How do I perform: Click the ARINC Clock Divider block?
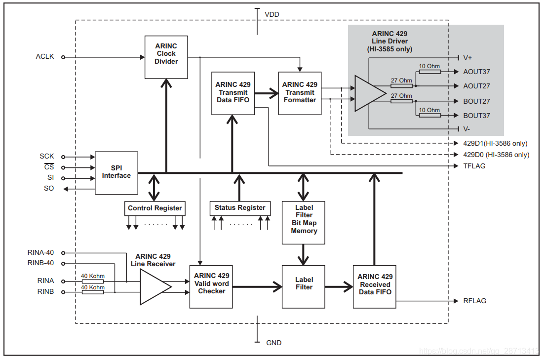166,57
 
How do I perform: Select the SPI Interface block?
117,172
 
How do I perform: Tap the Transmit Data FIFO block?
233,93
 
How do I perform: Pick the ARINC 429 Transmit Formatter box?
300,93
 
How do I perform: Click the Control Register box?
155,208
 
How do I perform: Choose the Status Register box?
240,208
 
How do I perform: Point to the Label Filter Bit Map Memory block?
304,222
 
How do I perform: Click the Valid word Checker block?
211,286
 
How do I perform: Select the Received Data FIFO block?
375,286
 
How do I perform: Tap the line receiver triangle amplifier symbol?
155,286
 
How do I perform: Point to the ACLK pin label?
44,57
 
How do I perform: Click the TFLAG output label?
474,166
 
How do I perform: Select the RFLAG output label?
474,301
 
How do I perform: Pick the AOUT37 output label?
476,72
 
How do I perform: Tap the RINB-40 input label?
41,263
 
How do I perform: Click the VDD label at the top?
272,14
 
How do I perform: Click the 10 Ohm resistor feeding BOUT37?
429,115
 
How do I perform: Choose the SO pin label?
49,189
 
